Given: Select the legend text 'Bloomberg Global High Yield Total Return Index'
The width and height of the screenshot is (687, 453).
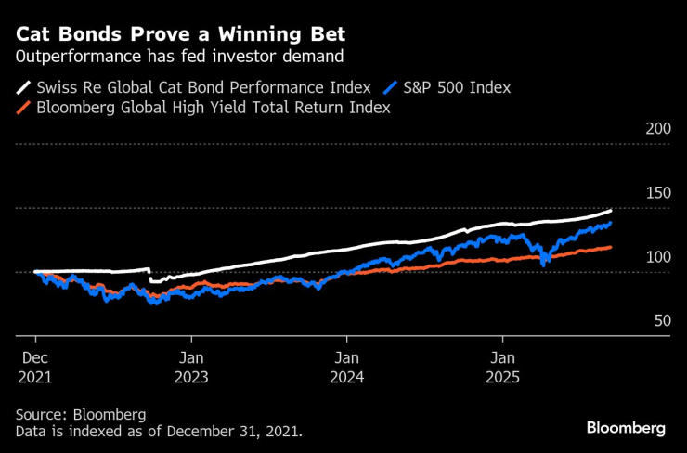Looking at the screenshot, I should [x=212, y=109].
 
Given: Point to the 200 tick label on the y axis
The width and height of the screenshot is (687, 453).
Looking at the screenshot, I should [x=656, y=129].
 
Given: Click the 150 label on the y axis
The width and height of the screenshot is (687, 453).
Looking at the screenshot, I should [x=656, y=193].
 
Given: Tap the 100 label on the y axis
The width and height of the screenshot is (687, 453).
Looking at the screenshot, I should [x=656, y=257].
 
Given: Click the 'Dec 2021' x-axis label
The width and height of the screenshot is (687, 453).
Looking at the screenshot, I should [x=35, y=367].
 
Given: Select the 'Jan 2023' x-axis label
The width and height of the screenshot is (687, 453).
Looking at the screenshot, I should [x=191, y=367].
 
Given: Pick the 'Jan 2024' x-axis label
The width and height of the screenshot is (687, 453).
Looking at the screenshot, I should [x=347, y=367].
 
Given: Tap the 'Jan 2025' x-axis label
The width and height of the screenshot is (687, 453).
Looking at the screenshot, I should [x=502, y=367].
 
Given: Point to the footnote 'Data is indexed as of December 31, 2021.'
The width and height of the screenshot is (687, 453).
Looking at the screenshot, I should [x=159, y=432].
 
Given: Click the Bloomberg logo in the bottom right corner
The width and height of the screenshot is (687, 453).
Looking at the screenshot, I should [x=626, y=428].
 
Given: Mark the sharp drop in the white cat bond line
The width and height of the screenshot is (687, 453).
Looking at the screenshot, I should [x=149, y=275].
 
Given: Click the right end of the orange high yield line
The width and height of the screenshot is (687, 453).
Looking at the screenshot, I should [x=610, y=247].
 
